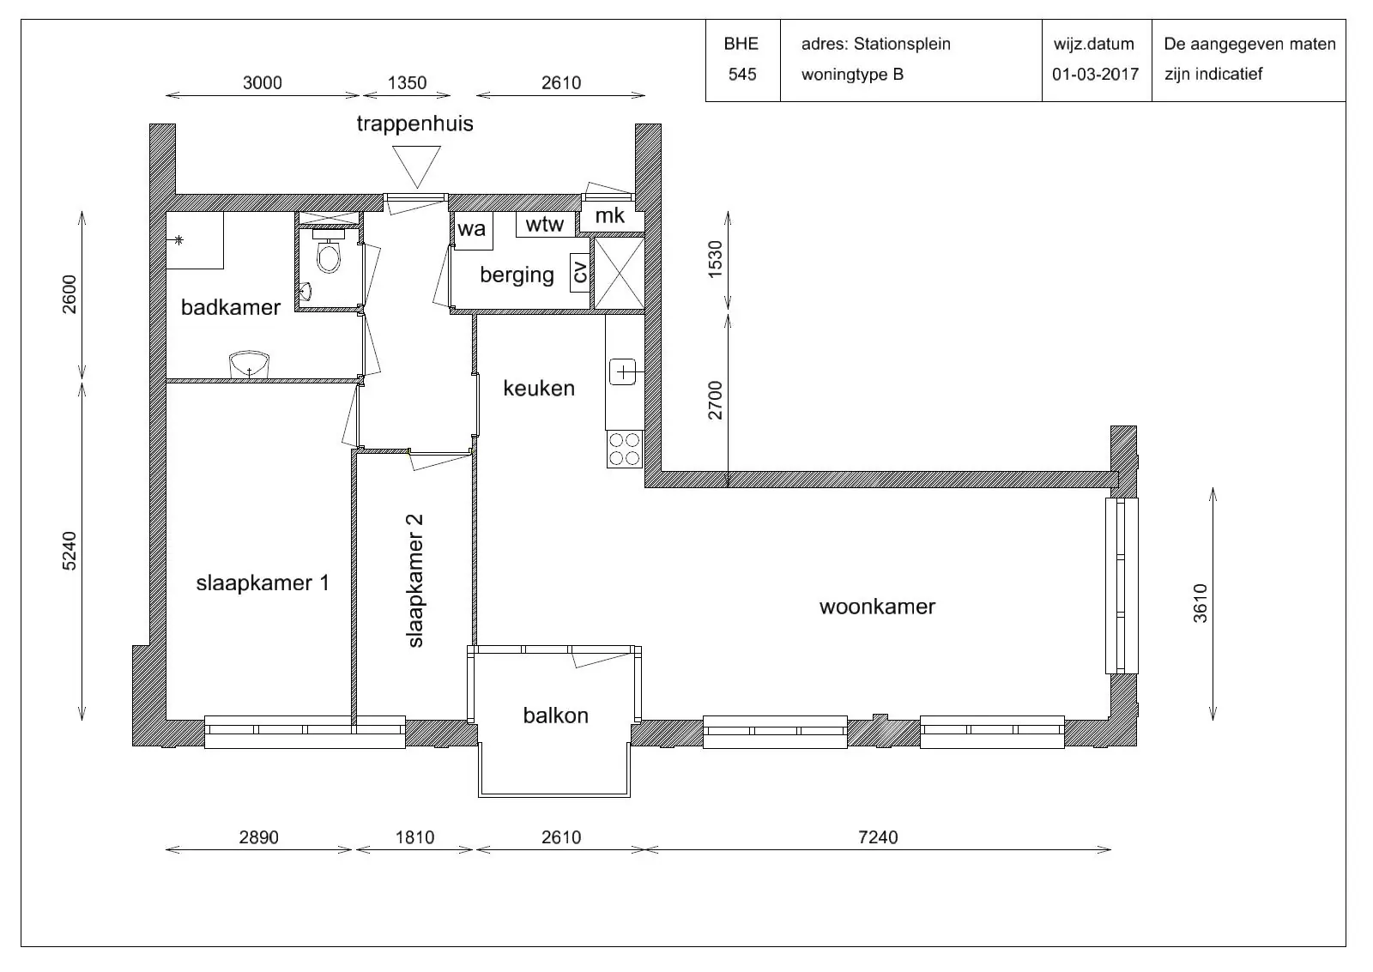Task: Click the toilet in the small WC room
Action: (x=329, y=251)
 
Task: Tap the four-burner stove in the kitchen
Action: (x=625, y=450)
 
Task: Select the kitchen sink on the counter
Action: (x=623, y=372)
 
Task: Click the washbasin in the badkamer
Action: (x=249, y=365)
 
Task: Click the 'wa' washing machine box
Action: (x=472, y=231)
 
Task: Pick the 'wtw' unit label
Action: (x=544, y=224)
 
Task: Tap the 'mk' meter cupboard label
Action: (x=610, y=215)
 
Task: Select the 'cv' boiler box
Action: (x=579, y=272)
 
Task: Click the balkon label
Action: (x=556, y=715)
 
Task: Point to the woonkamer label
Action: (x=877, y=607)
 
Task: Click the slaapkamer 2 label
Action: (x=415, y=581)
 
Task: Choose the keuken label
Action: (x=539, y=388)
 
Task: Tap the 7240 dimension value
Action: (x=878, y=837)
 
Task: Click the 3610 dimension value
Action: (x=1201, y=604)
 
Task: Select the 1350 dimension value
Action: (x=407, y=82)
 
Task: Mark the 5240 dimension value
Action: (x=70, y=551)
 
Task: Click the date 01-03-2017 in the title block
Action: (x=1095, y=74)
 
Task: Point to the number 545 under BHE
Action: (x=741, y=74)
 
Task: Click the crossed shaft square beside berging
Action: (x=619, y=274)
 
